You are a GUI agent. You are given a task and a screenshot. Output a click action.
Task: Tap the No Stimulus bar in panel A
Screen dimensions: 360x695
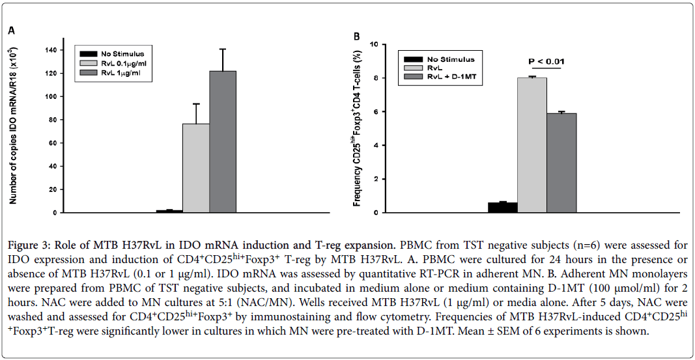click(169, 211)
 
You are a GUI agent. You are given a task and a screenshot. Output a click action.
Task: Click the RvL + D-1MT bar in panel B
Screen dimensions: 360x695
click(561, 163)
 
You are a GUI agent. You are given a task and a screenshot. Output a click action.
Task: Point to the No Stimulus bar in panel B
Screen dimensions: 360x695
click(503, 208)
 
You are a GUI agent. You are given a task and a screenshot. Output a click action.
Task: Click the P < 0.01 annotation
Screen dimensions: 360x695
click(546, 62)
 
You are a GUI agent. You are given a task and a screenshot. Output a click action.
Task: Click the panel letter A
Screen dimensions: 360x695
click(11, 31)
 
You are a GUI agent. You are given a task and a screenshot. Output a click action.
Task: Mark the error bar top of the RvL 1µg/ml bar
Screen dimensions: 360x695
click(223, 49)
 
